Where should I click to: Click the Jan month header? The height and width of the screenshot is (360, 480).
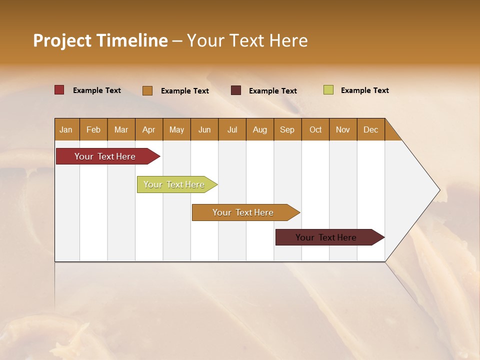(66, 129)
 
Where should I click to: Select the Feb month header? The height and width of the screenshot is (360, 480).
(93, 129)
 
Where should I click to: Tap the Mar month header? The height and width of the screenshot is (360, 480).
(121, 129)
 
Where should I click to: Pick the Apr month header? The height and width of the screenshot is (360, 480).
(149, 129)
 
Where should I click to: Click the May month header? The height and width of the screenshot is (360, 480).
(176, 129)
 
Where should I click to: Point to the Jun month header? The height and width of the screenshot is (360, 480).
(204, 129)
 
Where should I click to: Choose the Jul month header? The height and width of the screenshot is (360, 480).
(232, 129)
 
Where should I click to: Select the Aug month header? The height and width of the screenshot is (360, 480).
(260, 129)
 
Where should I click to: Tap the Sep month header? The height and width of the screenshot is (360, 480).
(287, 129)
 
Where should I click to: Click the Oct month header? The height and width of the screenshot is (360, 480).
(315, 129)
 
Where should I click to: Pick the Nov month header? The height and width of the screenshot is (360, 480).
(343, 129)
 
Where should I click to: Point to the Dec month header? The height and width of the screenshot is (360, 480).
(371, 129)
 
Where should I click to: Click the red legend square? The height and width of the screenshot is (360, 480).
(59, 90)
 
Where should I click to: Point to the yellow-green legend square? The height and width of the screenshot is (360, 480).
(328, 90)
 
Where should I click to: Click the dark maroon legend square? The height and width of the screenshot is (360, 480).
(236, 90)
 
